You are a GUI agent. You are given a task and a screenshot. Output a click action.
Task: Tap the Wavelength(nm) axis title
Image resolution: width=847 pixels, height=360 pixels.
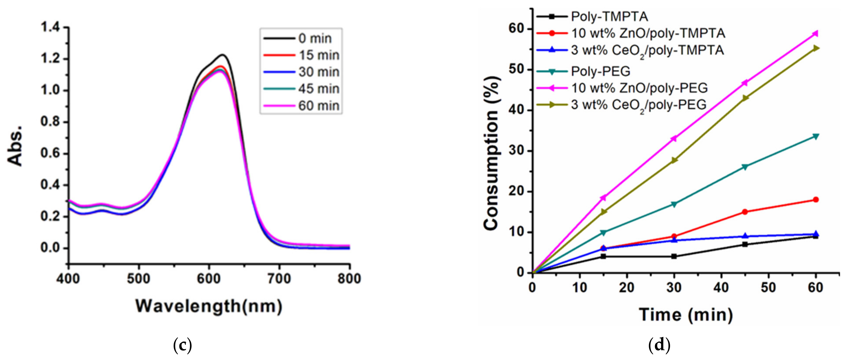pos(209,306)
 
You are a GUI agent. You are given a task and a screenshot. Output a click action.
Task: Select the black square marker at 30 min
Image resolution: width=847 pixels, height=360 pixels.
pos(674,256)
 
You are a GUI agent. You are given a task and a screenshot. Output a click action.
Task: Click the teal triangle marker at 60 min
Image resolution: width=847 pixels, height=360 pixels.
pos(816,136)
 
